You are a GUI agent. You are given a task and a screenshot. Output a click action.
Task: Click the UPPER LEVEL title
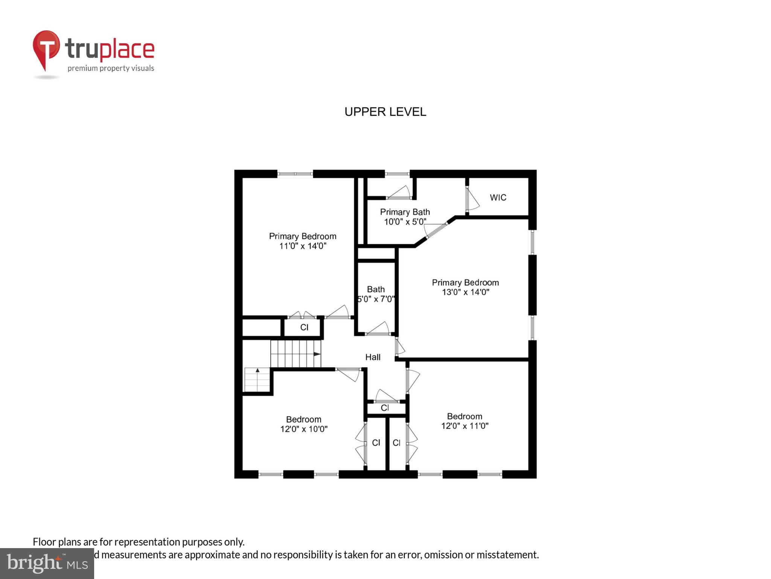385,112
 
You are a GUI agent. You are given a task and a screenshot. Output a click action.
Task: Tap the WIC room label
498,198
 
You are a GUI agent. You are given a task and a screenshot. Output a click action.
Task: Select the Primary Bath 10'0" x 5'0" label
405,217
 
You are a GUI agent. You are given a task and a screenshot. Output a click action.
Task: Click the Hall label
373,357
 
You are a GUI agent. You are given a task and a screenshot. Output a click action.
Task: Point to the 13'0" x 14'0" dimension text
465,292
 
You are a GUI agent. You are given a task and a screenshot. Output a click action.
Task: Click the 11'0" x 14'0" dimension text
302,246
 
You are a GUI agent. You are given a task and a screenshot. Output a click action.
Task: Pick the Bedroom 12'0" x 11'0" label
465,421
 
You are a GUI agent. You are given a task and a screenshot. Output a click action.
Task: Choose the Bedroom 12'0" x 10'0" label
303,424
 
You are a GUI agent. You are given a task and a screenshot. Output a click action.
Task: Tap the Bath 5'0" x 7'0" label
376,294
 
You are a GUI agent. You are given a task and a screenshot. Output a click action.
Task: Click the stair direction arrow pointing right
317,354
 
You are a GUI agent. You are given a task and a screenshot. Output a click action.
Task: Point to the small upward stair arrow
258,371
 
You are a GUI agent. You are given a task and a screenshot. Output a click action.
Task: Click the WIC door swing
472,199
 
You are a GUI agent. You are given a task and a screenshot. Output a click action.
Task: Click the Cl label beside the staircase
304,327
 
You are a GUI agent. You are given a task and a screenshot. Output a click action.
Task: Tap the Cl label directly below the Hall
385,407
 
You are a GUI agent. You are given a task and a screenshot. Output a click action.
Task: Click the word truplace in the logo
110,49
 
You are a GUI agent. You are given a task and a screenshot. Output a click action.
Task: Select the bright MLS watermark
47,563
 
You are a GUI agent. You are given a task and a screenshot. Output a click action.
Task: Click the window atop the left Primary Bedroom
295,174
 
